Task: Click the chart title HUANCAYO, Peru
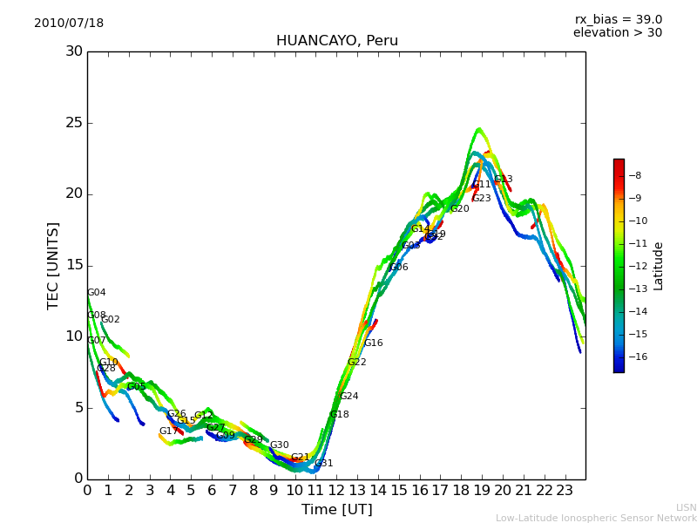pos(336,41)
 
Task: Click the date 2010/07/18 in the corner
pos(69,24)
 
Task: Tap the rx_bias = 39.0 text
pos(618,20)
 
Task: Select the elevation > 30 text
pos(617,33)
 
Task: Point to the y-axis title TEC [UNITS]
pos(53,265)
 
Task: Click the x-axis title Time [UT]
pos(336,509)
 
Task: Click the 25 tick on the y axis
pos(74,123)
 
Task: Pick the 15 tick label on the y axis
pos(74,265)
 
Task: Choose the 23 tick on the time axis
pos(565,490)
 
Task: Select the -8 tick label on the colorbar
pos(635,175)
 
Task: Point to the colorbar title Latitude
pos(659,265)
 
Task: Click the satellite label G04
pos(96,293)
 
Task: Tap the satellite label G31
pos(323,464)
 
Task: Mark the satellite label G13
pos(503,180)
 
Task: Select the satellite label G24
pos(348,397)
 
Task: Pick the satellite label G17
pos(168,431)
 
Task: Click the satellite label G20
pos(459,209)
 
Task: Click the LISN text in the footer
pos(686,507)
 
